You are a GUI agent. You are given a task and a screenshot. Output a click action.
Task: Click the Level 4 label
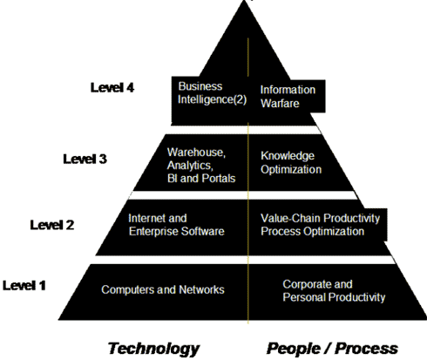[x=112, y=87]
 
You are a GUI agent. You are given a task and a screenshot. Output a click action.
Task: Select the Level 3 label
[x=85, y=159]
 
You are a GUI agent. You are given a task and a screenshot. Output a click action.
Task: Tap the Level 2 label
[x=52, y=225]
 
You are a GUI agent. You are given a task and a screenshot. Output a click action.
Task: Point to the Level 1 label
[x=24, y=285]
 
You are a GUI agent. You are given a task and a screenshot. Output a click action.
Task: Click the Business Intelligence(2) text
[x=213, y=93]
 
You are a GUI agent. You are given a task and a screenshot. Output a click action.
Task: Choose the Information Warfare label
[x=288, y=97]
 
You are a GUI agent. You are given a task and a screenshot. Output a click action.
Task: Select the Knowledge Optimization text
[x=291, y=162]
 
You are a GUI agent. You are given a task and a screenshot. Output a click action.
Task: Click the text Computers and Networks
[x=163, y=289]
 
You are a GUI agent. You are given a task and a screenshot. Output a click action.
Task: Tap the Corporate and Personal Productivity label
[x=334, y=290]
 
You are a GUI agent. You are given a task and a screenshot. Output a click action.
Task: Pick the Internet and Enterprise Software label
[x=176, y=225]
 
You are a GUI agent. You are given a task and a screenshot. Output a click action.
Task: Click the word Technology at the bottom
[x=153, y=349]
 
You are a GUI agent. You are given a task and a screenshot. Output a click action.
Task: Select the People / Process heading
[x=332, y=348]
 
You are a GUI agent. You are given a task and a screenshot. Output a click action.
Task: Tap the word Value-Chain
[x=290, y=218]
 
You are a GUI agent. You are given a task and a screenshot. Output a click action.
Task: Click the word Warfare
[x=280, y=103]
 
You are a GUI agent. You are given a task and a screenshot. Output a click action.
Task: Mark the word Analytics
[x=190, y=166]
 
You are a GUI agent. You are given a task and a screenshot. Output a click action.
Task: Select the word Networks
[x=201, y=289]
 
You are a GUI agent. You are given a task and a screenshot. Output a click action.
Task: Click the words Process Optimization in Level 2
[x=312, y=231]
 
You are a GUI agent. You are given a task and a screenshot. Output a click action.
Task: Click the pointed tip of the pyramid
[x=245, y=1]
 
